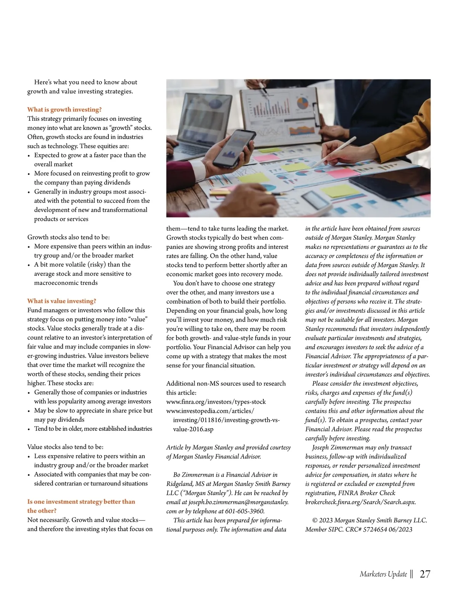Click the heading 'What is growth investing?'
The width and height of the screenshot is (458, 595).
[64, 110]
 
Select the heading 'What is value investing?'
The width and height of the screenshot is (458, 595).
[61, 301]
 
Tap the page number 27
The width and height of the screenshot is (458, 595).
[425, 574]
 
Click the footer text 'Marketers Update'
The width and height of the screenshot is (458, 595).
[383, 574]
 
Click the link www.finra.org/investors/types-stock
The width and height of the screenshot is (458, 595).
[216, 402]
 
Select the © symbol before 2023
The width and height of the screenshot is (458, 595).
[315, 520]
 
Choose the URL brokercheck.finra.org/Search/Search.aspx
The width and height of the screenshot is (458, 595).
[360, 502]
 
